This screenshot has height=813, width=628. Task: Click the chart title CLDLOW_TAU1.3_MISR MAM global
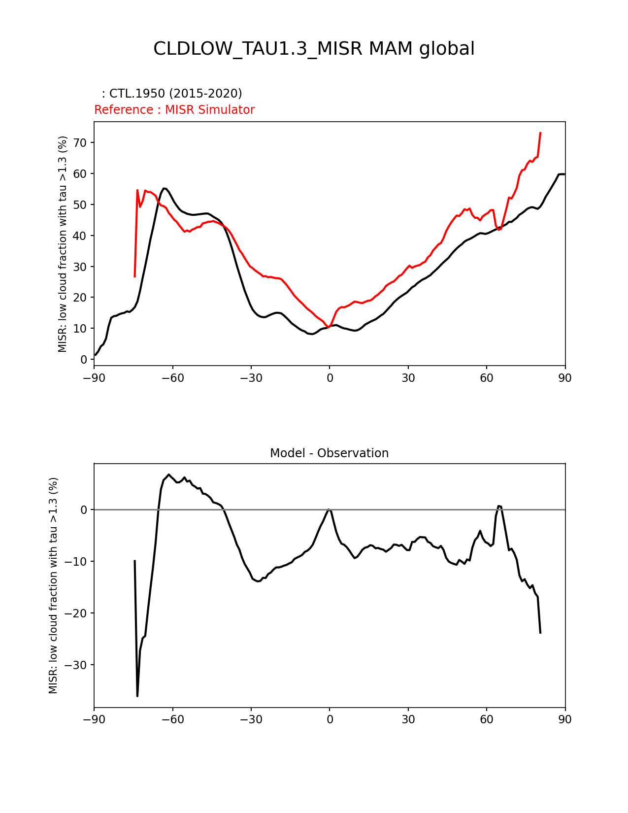314,49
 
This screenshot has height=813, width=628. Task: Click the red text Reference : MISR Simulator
174,110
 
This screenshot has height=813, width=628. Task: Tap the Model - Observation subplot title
329,453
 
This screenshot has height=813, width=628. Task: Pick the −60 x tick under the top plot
172,378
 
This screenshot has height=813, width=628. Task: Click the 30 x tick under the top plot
408,378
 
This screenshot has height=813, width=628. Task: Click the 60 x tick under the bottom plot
487,719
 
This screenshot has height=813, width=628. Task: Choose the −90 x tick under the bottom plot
94,719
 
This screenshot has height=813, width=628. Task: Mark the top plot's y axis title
63,244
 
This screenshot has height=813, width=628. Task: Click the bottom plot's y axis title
53,585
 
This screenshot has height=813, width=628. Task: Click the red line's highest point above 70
540,133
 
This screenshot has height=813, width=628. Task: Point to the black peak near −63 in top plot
165,188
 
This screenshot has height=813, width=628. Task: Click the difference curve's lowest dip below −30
137,696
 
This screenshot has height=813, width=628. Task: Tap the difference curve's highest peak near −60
168,474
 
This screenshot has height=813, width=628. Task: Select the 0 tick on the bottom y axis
84,510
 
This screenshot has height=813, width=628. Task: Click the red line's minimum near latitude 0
329,327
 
